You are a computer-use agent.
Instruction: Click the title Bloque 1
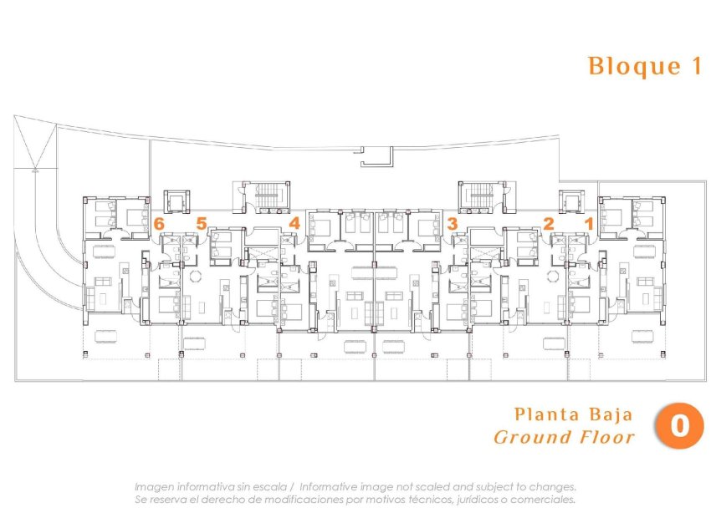coord(645,67)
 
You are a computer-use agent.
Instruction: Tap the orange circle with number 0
coord(679,425)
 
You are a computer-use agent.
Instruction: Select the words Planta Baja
coord(573,414)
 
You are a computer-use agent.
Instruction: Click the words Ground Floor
coord(565,437)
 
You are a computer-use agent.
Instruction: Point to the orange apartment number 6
coord(159,223)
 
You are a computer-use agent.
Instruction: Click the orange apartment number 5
coord(201,223)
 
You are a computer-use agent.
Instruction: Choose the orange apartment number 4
coord(294,223)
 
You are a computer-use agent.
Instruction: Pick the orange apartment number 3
coord(452,223)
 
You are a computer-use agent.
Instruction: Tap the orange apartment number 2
coord(549,223)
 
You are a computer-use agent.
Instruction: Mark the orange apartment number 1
coord(589,223)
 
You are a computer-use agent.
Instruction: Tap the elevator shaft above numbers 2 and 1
coord(572,201)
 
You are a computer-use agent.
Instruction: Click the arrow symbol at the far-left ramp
coord(34,169)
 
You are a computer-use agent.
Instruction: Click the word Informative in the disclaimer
coord(330,486)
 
